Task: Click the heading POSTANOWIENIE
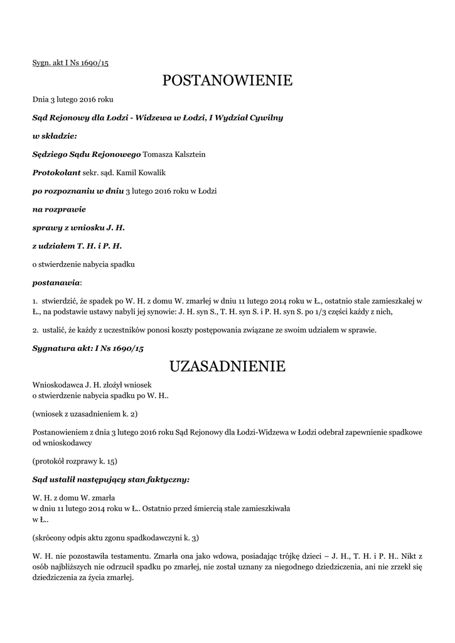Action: pyautogui.click(x=227, y=80)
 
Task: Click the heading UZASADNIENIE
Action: pyautogui.click(x=227, y=365)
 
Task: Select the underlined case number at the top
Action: pyautogui.click(x=70, y=63)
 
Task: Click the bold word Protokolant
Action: pyautogui.click(x=51, y=173)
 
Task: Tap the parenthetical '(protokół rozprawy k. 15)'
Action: pyautogui.click(x=75, y=461)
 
